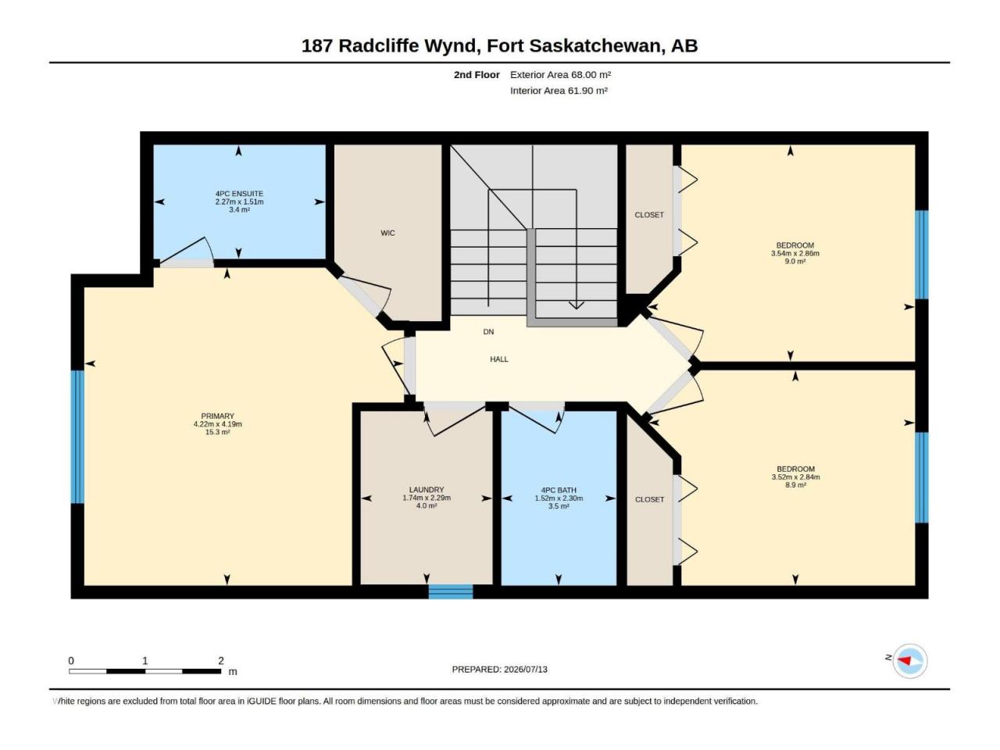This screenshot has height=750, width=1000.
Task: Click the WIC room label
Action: pos(387,233)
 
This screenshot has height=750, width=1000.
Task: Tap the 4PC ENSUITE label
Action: pos(239,194)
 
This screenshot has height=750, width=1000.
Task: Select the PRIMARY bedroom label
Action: pos(217,416)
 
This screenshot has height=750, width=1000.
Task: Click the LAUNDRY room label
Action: pos(427,490)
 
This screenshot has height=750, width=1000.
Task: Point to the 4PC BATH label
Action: pos(559,490)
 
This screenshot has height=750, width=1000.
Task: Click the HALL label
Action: pos(499,359)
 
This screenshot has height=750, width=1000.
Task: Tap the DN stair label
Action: pos(488,332)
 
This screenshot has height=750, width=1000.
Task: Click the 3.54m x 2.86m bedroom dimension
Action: pos(795,253)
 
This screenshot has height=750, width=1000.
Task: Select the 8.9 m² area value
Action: pos(795,485)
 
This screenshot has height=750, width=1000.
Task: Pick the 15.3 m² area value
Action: pos(217,432)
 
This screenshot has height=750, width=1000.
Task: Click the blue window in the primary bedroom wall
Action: pos(77,437)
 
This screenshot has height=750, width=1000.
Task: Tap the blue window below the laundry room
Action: pos(451,591)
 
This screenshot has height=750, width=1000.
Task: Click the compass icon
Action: pos(910,661)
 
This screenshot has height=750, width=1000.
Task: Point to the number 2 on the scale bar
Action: pos(221,660)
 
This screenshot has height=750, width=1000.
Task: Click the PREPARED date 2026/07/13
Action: pos(525,670)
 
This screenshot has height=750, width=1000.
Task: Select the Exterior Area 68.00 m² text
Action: pos(560,75)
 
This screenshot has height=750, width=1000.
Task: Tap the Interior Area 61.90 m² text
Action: pos(559,91)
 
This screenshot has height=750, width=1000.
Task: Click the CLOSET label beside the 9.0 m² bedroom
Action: pos(649,215)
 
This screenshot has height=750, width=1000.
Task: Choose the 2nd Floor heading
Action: pos(477,75)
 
